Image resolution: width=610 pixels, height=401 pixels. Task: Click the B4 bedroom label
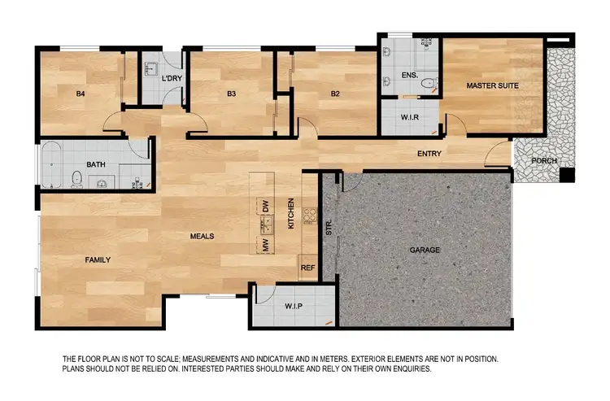81,94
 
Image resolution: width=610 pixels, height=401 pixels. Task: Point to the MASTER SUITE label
492,85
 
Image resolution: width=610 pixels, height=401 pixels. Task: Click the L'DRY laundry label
171,78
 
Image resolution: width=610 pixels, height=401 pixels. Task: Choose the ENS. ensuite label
409,75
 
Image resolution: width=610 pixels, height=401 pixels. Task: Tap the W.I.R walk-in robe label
410,116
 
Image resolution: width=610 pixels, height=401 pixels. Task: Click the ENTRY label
429,154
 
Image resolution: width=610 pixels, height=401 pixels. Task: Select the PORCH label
544,160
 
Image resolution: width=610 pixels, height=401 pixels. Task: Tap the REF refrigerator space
307,268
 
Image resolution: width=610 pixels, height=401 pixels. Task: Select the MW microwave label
265,244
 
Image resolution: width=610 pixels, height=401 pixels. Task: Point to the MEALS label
202,236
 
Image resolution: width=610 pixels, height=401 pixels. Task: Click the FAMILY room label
98,259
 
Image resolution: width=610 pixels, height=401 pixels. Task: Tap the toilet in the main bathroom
76,178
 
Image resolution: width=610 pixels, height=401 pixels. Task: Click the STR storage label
329,228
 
